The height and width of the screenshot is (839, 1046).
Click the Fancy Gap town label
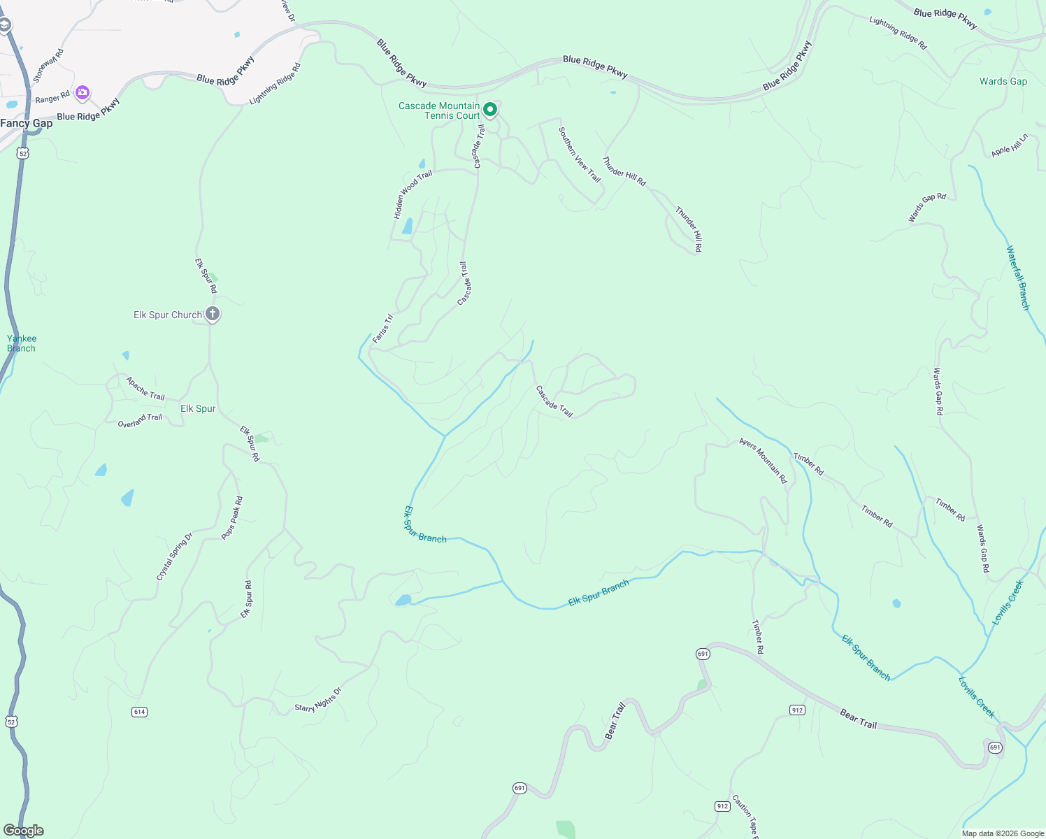tap(27, 124)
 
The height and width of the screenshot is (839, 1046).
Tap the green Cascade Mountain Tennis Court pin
tap(491, 110)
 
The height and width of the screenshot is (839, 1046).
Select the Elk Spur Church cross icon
tap(213, 314)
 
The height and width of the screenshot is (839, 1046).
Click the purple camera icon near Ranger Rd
tap(83, 92)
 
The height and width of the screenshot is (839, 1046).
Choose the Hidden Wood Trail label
tap(413, 194)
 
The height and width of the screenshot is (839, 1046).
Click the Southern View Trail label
tap(580, 155)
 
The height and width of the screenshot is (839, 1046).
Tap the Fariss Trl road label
tap(382, 329)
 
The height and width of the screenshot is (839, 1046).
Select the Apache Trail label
tap(145, 388)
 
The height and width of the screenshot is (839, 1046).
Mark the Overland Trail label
tap(140, 420)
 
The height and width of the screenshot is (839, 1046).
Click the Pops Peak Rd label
tap(232, 518)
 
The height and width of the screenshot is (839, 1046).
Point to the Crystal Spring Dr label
tap(174, 557)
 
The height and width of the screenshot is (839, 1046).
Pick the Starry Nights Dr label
tap(318, 700)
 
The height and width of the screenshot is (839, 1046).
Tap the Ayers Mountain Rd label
tap(764, 461)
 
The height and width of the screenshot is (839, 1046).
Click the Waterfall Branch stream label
tap(1018, 278)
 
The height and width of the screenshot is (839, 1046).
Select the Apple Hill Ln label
tap(1010, 145)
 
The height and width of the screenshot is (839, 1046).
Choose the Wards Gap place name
tap(1003, 82)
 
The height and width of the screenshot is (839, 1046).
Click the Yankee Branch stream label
tap(22, 343)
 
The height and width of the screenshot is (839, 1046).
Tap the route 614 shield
tap(139, 712)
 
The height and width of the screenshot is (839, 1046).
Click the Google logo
tap(24, 831)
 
